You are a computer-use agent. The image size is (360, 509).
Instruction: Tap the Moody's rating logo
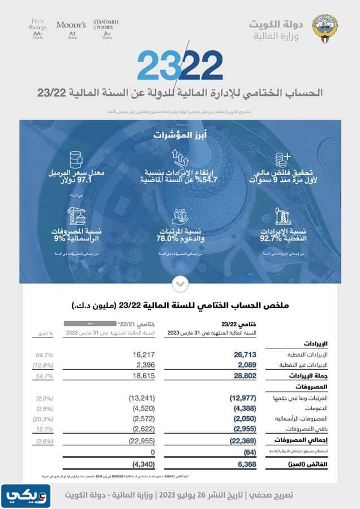71,25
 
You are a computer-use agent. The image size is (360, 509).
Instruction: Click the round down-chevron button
179,282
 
